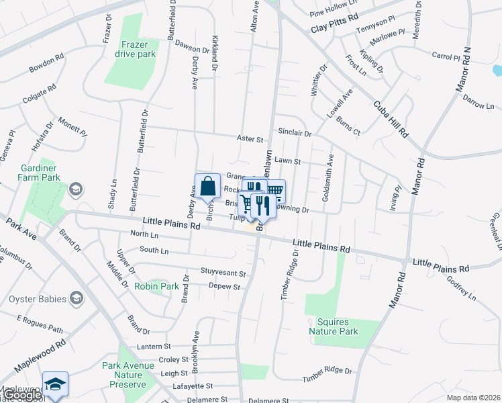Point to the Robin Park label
pyautogui.click(x=156, y=286)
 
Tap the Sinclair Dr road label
pyautogui.click(x=294, y=134)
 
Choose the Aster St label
pyautogui.click(x=250, y=139)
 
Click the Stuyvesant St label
pyautogui.click(x=223, y=274)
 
